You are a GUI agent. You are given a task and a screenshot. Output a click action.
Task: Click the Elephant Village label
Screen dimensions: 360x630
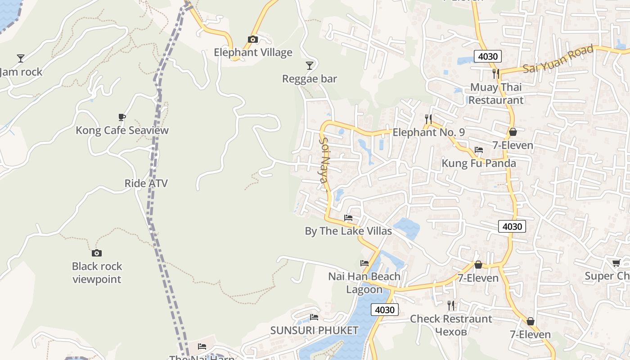point(253,53)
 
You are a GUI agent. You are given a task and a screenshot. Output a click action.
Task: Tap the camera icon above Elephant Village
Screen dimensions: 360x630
point(253,40)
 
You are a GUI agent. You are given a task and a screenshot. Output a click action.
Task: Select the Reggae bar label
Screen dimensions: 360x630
point(309,79)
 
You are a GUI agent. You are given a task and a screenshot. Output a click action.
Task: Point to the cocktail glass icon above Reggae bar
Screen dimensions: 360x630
point(309,66)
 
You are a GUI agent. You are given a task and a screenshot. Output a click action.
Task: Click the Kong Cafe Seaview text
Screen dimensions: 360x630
point(122,130)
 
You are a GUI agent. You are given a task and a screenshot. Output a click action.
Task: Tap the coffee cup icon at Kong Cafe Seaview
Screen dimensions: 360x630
point(121,117)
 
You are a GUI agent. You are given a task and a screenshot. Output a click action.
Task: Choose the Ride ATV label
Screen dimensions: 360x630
point(146,184)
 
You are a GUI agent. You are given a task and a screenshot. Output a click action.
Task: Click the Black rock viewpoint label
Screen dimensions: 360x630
point(97,273)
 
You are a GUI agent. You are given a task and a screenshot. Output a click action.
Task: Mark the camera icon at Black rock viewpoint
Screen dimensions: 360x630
point(96,253)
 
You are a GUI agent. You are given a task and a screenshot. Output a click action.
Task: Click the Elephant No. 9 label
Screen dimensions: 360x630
point(428,132)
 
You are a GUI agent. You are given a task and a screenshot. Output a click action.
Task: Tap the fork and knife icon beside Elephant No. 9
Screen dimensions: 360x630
point(428,119)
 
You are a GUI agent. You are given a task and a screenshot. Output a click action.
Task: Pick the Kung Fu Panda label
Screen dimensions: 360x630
point(479,163)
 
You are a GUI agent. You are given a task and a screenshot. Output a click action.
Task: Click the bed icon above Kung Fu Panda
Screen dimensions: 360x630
point(478,150)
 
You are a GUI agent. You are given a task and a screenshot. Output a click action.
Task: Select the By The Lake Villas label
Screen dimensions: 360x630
point(348,231)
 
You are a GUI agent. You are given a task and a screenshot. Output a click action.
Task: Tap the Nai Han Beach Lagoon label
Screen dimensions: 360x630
point(364,283)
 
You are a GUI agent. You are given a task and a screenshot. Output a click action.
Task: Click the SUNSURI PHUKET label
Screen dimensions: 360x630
point(314,330)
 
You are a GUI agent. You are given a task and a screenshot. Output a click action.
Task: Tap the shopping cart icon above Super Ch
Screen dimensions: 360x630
point(616,263)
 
